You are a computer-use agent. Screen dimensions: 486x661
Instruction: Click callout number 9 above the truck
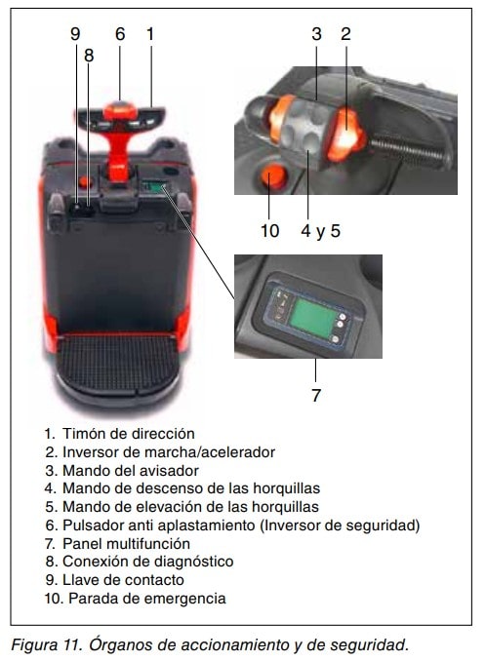[x=75, y=34]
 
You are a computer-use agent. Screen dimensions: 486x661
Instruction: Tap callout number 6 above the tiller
[x=120, y=34]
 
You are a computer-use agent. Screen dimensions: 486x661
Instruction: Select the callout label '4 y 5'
[x=321, y=231]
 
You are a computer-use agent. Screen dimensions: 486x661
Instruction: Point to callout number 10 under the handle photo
[x=269, y=231]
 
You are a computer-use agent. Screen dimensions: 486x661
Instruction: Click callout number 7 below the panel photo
[x=316, y=396]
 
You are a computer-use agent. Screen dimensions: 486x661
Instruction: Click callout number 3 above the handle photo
[x=316, y=34]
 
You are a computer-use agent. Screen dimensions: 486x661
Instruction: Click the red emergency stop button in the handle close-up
[x=271, y=176]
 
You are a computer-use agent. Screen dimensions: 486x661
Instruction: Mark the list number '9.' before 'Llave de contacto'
[x=51, y=580]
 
